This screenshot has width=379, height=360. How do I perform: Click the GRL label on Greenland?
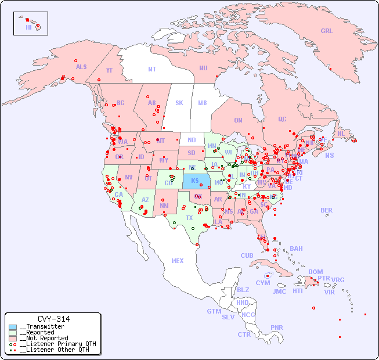coord(327,31)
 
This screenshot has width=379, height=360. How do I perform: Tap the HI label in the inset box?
coord(28,27)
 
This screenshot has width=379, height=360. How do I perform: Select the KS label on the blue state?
coord(195,181)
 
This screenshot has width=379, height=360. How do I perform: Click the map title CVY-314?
coord(53,319)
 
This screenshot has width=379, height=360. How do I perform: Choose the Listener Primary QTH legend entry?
coord(53,344)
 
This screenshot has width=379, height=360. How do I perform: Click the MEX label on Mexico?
coord(178,261)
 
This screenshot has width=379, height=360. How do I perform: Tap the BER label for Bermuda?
coord(327,210)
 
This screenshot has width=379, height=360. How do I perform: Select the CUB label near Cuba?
coord(247,256)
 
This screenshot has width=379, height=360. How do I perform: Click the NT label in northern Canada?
coord(152,69)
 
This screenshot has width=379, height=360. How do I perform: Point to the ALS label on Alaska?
coord(81,67)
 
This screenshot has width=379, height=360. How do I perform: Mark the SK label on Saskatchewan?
coord(179,103)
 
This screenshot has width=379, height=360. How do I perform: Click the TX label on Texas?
coord(189,218)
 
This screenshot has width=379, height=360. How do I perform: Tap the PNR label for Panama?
coord(277,327)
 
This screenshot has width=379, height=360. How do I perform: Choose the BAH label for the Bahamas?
coord(296,249)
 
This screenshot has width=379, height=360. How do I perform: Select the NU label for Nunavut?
coord(203,68)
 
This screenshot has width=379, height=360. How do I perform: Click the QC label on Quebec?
coord(282,120)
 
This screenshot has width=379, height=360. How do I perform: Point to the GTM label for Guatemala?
coord(214,311)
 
